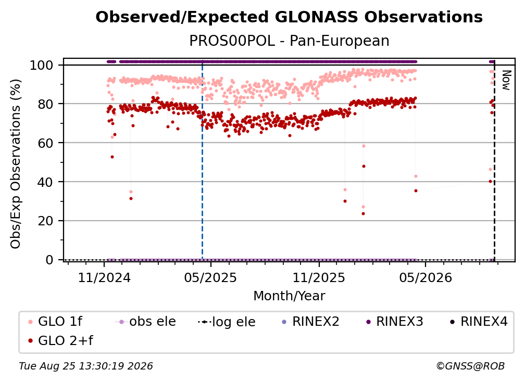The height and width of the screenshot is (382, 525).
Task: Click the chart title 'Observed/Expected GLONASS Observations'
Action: coord(289,17)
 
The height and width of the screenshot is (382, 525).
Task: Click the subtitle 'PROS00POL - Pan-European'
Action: coord(289,41)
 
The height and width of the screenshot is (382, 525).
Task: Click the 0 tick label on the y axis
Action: coord(49,260)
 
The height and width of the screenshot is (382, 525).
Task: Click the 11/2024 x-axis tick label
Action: coord(104,277)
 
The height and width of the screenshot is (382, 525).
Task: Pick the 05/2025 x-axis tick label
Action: coord(210,277)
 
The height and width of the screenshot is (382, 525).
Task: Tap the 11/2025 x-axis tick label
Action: coord(319,277)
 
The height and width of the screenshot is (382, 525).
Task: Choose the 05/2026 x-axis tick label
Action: coord(425,277)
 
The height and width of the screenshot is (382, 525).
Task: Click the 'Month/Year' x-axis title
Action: coord(289,296)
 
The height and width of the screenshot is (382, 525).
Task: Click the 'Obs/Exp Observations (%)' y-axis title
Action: coord(16,163)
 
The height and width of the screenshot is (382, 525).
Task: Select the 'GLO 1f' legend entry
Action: coord(56,322)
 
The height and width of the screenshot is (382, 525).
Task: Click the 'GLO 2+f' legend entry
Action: coord(61,340)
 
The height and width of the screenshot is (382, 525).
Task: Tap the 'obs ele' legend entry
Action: coord(145,322)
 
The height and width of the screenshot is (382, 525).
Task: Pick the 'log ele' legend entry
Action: coord(227,322)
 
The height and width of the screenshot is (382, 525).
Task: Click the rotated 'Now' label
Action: coord(506,80)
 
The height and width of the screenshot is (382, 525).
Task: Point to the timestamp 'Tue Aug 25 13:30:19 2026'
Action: coord(86,366)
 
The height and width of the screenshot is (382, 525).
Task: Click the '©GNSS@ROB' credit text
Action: coord(470,366)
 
